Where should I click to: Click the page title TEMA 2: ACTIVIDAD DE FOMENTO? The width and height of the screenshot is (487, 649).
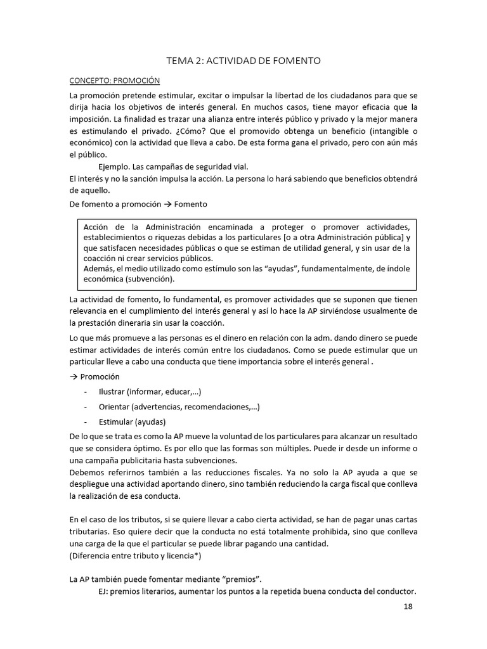pyautogui.click(x=243, y=61)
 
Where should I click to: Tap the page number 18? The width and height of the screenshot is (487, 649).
pyautogui.click(x=408, y=607)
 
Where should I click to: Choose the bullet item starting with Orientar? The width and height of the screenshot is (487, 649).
pyautogui.click(x=179, y=407)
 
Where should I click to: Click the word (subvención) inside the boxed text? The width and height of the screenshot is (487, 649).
pyautogui.click(x=150, y=279)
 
